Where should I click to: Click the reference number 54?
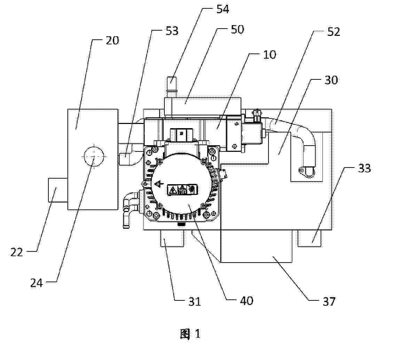(x=223, y=9)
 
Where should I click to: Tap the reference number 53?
(x=172, y=31)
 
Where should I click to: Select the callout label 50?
(x=238, y=29)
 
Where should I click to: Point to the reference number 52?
(x=334, y=32)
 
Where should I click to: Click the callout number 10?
(x=270, y=55)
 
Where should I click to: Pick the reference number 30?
(x=331, y=80)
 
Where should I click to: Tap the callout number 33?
(x=364, y=168)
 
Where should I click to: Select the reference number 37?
(x=329, y=301)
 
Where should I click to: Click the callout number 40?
(x=246, y=301)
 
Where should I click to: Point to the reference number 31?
(x=194, y=301)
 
